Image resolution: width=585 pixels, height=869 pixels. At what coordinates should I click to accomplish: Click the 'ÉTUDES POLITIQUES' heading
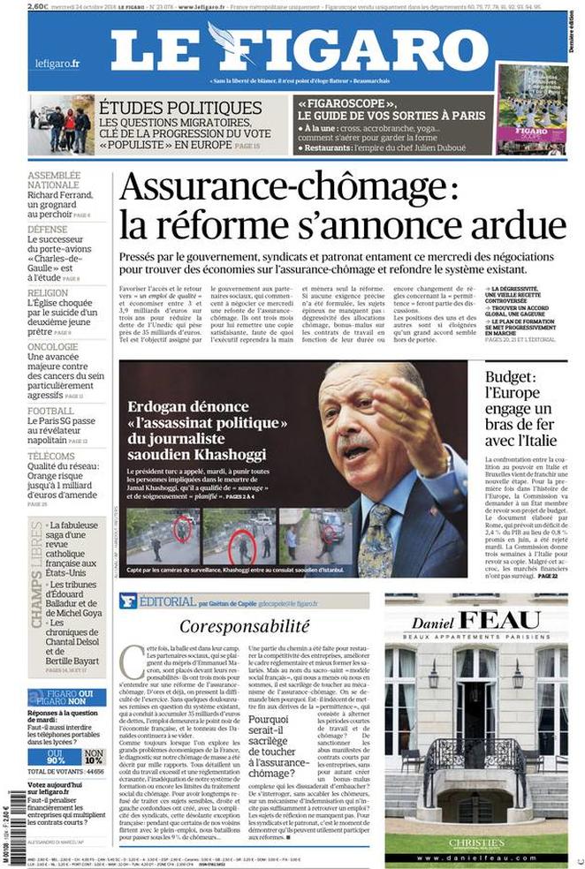click(x=180, y=108)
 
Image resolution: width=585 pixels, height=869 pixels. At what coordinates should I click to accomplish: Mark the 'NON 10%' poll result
click(x=94, y=757)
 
